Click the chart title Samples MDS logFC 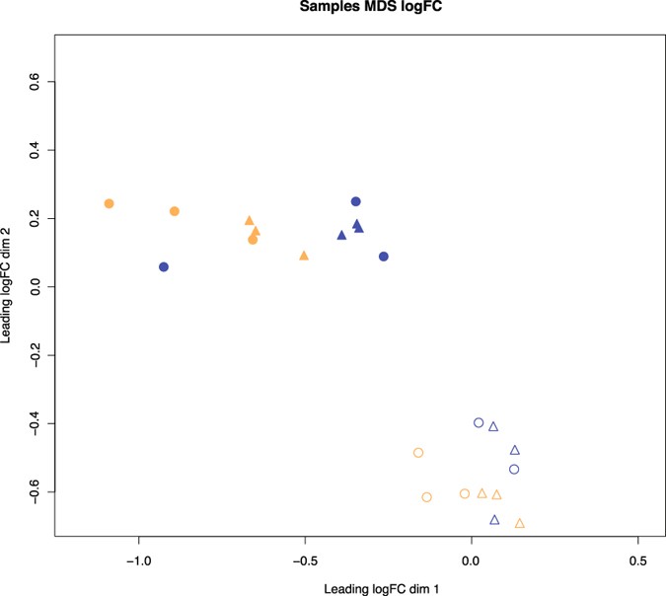333,7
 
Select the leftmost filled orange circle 110,204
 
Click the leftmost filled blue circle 164,267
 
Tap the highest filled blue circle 356,202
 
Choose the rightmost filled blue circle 384,257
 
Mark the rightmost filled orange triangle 304,257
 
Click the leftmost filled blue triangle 341,236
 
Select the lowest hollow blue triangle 494,520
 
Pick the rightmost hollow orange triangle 520,524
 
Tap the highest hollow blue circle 479,423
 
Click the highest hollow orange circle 418,453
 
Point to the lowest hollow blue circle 514,470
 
